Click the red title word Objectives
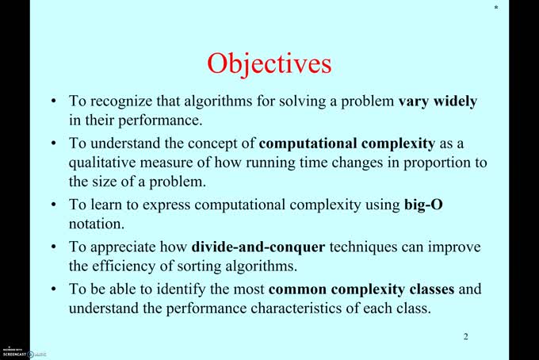pyautogui.click(x=269, y=63)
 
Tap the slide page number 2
pyautogui.click(x=465, y=337)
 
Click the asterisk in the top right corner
pyautogui.click(x=496, y=8)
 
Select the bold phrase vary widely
pyautogui.click(x=438, y=102)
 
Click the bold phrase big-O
pyautogui.click(x=422, y=205)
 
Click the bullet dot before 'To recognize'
pyautogui.click(x=53, y=102)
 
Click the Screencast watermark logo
pyautogui.click(x=17, y=352)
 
